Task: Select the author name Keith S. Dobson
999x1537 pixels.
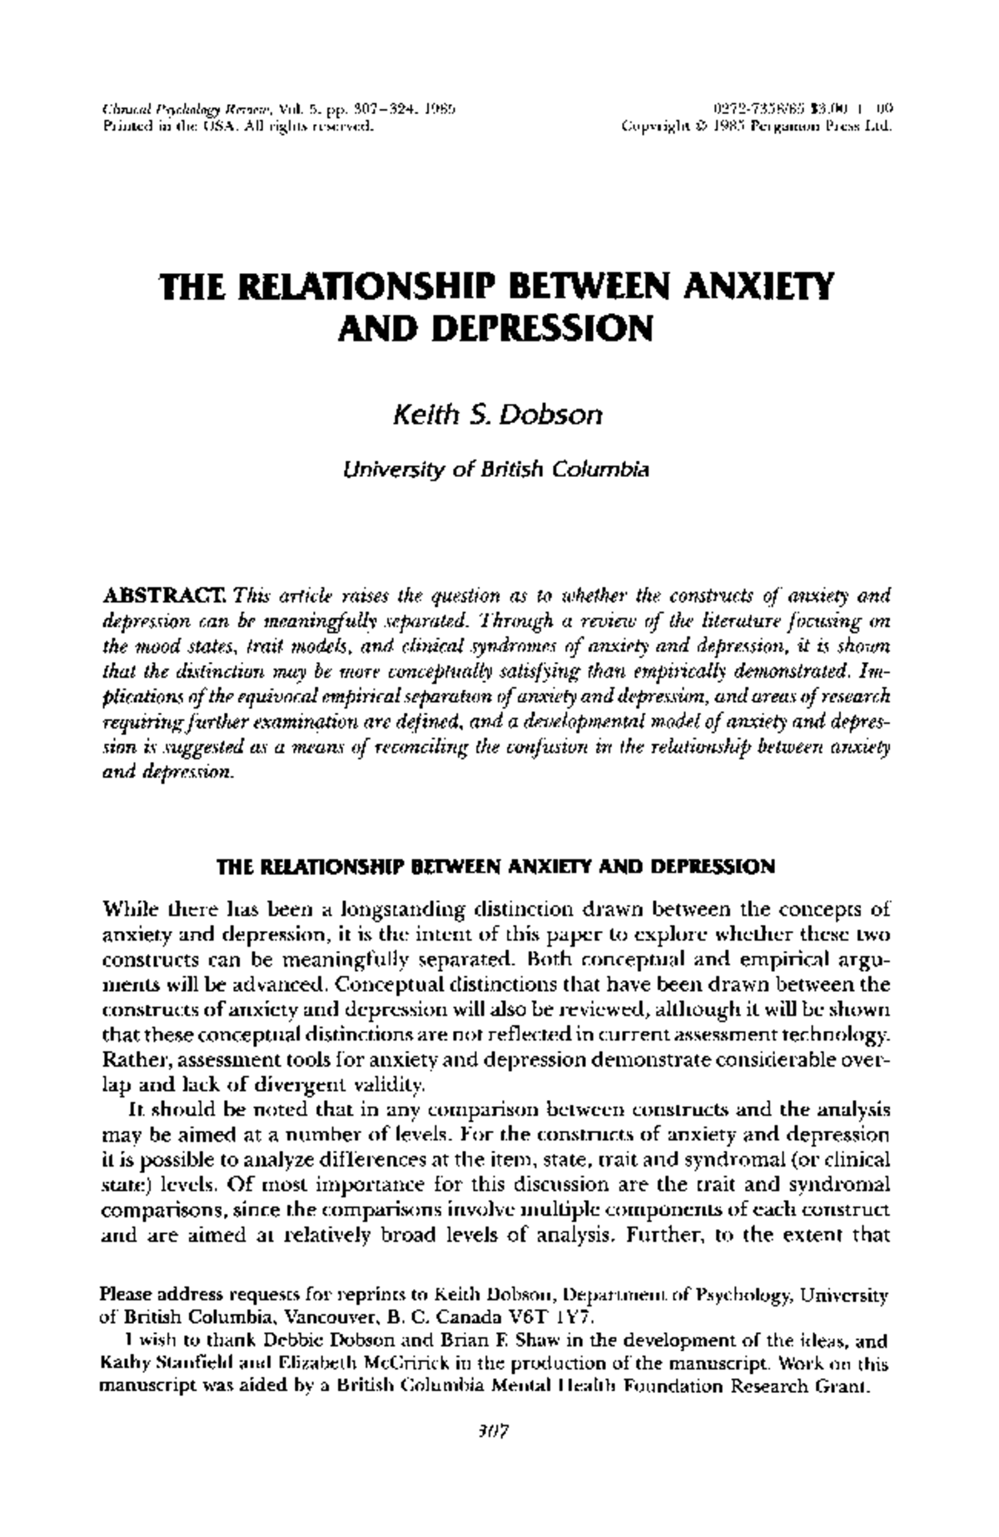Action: click(497, 414)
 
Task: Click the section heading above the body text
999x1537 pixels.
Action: click(496, 867)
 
